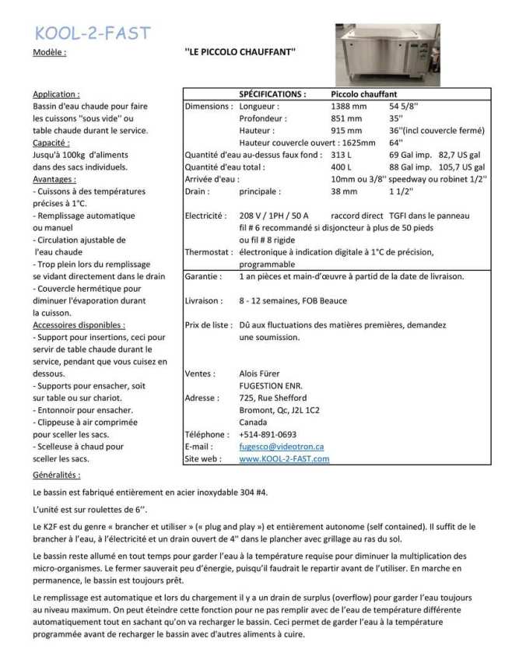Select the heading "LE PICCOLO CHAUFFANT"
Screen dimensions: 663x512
(240, 53)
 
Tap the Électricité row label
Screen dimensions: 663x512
(205, 216)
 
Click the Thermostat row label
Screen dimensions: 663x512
(208, 252)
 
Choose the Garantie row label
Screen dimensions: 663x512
(203, 276)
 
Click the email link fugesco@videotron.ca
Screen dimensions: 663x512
(281, 447)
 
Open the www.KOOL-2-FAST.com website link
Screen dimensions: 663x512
(284, 459)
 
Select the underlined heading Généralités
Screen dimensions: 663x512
(56, 474)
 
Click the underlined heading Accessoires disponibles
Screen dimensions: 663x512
(79, 324)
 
